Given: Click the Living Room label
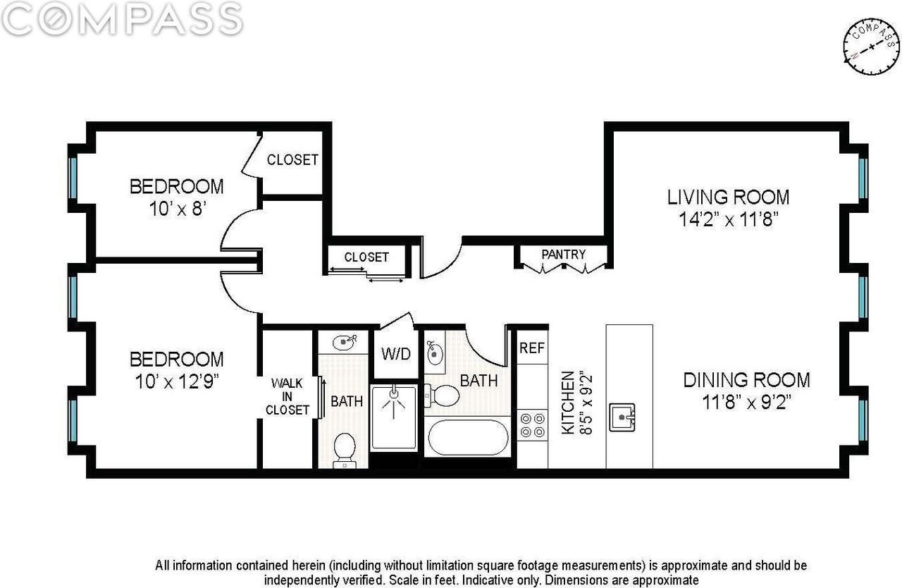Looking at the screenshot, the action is (728, 197).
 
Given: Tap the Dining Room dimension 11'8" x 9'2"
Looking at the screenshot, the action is (747, 403).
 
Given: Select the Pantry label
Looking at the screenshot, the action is (563, 255).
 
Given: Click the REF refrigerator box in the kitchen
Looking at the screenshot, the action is (532, 347).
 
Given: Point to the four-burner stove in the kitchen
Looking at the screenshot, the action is (532, 425).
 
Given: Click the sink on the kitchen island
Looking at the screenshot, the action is (622, 417).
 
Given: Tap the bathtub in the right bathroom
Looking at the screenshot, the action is (467, 438).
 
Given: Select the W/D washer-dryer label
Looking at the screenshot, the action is (396, 354).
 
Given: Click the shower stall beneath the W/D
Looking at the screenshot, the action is (394, 417).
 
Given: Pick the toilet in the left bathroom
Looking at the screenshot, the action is (345, 451).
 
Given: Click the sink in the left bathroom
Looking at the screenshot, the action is (345, 342).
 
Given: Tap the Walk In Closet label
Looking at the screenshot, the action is (287, 396).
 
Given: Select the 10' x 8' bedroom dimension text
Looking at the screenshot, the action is (178, 209).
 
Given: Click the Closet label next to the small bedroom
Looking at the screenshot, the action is (292, 160).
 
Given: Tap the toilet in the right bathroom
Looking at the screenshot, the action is (442, 396).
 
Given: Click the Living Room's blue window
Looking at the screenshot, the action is (863, 178).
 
